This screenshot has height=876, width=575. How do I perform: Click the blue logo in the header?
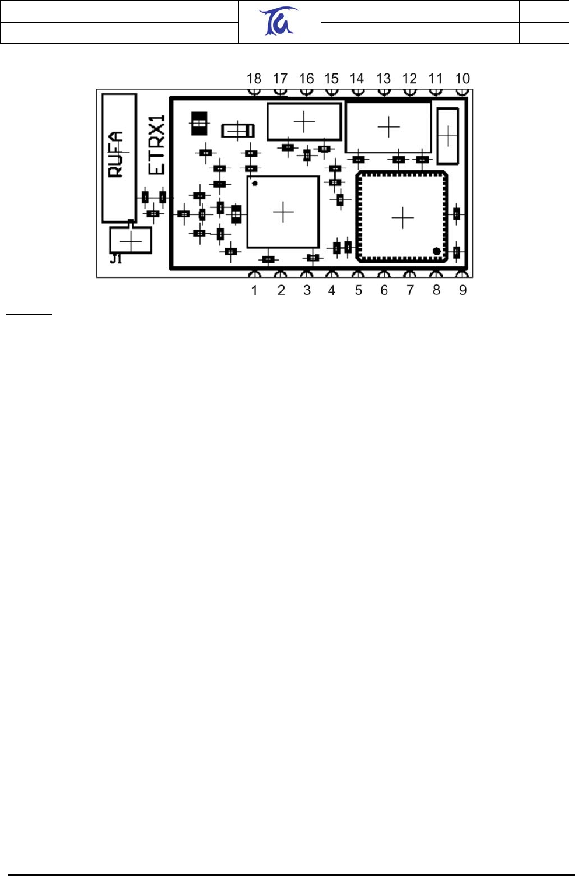point(278,21)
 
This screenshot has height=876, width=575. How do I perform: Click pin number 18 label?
point(254,79)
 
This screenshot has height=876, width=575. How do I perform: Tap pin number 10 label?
point(462,79)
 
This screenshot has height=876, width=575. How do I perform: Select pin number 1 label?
point(254,290)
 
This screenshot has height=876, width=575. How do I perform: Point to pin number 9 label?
point(462,290)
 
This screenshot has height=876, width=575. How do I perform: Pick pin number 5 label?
point(358,290)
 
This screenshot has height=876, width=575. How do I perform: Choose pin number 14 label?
point(356,79)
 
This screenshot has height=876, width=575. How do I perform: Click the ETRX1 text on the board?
point(157,145)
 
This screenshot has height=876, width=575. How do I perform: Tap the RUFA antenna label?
point(116,154)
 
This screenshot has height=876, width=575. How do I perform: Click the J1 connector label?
point(116,259)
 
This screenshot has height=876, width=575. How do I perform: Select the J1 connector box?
point(131,240)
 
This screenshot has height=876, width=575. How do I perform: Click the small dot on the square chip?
point(255,183)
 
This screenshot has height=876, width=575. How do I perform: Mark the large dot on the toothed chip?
point(437,251)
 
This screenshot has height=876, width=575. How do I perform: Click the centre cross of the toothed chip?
point(402,218)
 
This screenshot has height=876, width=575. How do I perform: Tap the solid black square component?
point(199,124)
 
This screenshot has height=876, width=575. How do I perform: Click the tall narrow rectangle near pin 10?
point(447,136)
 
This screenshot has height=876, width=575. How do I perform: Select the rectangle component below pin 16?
point(304,122)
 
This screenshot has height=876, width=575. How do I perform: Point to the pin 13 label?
point(383,79)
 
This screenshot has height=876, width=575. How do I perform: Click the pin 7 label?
point(410,290)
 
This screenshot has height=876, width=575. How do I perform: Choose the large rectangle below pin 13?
point(388,127)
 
